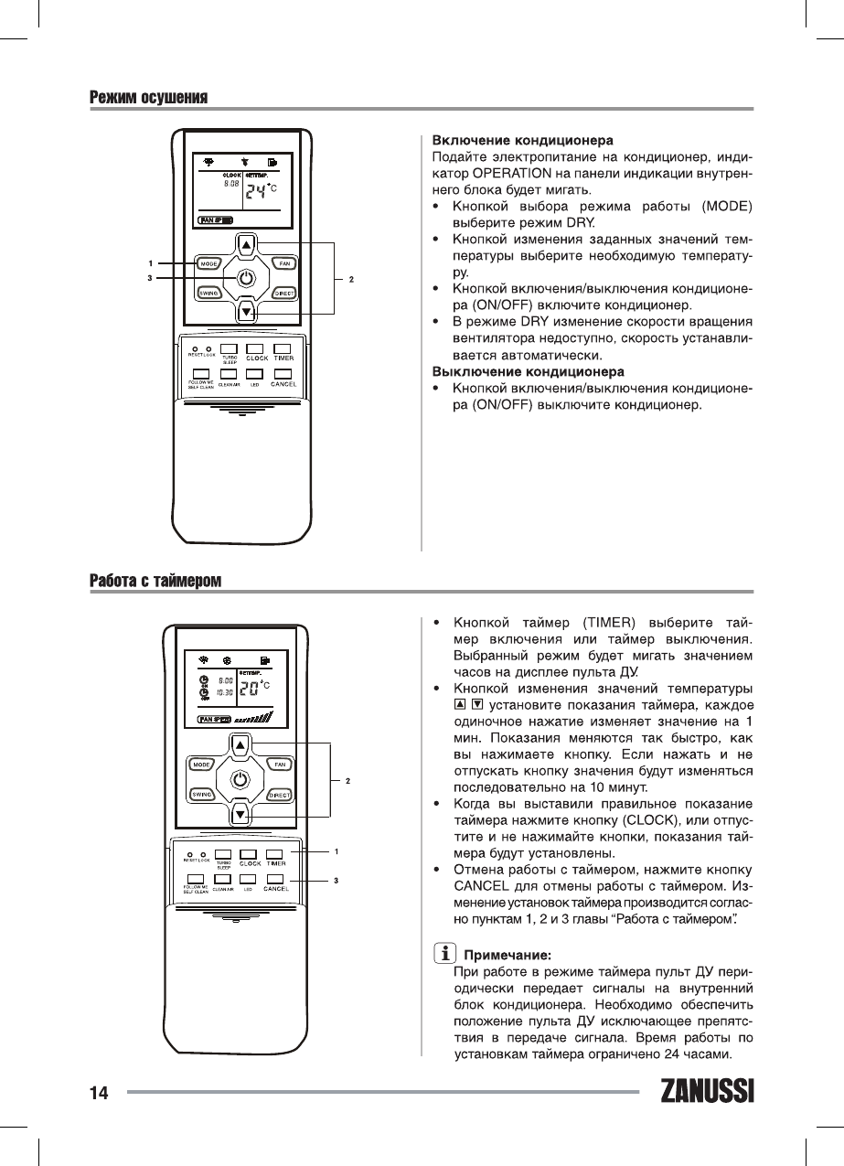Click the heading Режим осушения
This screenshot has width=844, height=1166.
click(x=148, y=98)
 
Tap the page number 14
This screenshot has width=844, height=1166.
click(x=98, y=1093)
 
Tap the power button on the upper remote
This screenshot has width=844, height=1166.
click(x=245, y=278)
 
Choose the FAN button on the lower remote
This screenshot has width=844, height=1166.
click(x=279, y=763)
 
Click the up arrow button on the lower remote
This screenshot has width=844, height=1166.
click(x=240, y=744)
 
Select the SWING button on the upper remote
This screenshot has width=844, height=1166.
click(x=208, y=293)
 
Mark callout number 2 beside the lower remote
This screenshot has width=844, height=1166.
click(x=348, y=781)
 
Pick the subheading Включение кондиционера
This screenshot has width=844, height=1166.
click(x=521, y=141)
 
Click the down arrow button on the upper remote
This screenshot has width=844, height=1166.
click(x=245, y=312)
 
